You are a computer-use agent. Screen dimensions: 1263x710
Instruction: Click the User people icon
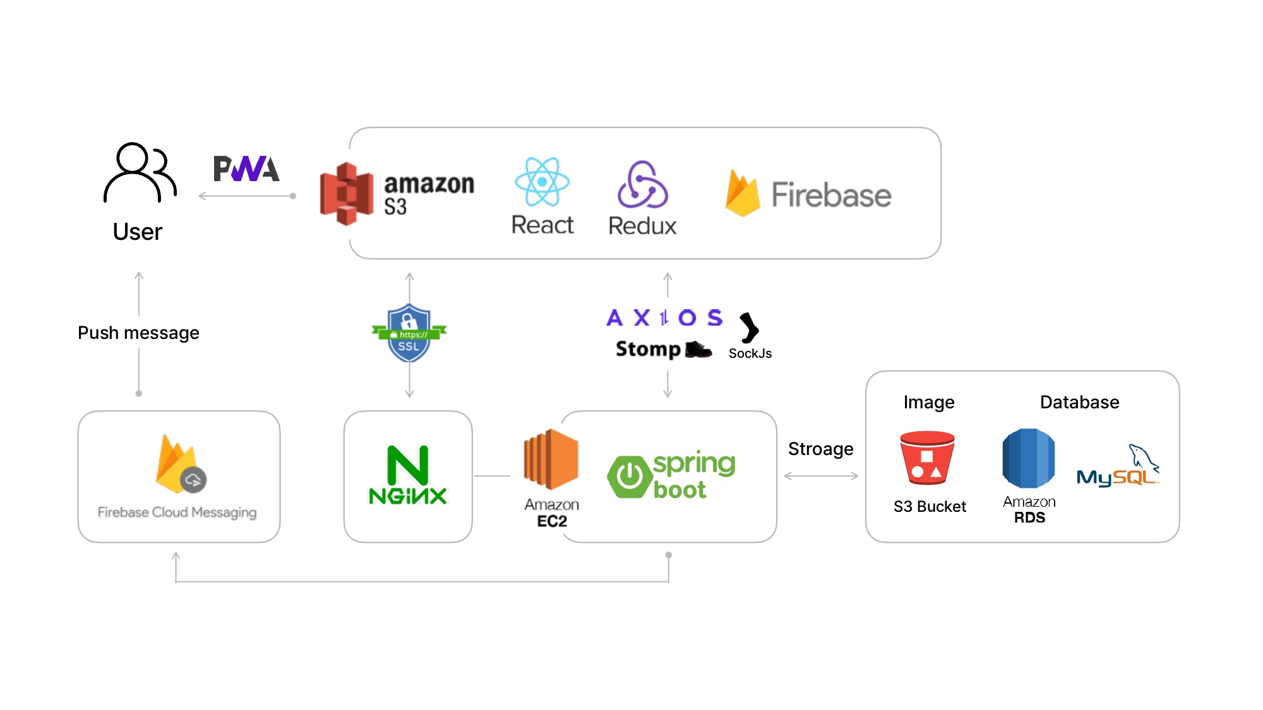click(x=140, y=172)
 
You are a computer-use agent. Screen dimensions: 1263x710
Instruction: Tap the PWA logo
click(x=246, y=169)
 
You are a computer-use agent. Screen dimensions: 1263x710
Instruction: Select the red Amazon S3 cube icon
click(x=346, y=194)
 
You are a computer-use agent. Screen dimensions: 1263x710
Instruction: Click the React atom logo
click(x=542, y=182)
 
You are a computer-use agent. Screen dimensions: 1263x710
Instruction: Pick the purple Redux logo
click(x=642, y=184)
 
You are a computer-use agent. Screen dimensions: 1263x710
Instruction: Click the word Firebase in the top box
click(x=831, y=195)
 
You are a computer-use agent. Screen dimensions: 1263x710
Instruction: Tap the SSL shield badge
click(x=409, y=333)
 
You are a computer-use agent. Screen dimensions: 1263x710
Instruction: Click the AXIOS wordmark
click(x=664, y=317)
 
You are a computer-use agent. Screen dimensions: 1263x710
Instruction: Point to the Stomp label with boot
click(x=664, y=349)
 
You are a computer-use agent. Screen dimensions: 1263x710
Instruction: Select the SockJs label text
click(x=750, y=353)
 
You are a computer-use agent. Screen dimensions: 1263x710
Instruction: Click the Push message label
click(x=138, y=333)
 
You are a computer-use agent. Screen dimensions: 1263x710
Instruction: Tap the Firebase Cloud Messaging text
click(x=177, y=512)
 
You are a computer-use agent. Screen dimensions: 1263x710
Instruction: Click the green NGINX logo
click(x=408, y=475)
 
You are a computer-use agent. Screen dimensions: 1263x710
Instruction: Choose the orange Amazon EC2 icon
click(x=551, y=459)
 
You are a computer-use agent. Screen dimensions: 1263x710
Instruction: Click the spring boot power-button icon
click(x=630, y=476)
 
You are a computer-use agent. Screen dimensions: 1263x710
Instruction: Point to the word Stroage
click(x=820, y=449)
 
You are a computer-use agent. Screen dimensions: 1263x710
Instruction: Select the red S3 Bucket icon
click(x=927, y=458)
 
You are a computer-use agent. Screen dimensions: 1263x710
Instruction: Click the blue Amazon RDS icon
click(x=1029, y=458)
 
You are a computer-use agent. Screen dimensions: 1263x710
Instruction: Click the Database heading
click(x=1079, y=402)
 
